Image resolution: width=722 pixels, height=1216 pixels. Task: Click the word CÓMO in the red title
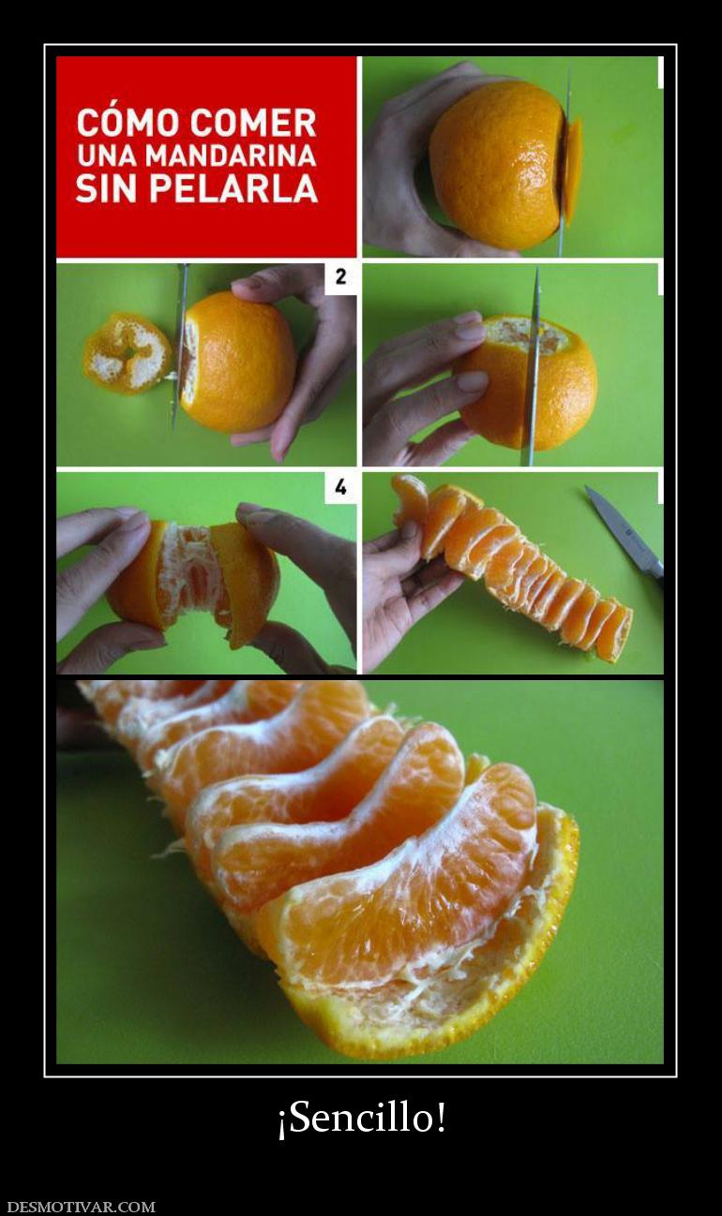pos(128,122)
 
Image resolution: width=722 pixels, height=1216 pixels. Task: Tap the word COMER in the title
pos(254,123)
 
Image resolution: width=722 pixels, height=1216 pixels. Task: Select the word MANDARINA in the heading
pos(232,156)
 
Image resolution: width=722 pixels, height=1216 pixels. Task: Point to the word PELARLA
pos(233,188)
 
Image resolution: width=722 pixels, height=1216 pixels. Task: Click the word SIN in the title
pos(108,188)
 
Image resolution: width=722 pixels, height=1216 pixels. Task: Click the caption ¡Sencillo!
pos(361,1118)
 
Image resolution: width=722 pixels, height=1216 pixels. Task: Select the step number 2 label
pos(340,277)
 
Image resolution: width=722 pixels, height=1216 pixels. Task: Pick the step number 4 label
pos(340,487)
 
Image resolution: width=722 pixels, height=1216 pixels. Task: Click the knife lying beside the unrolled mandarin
pos(624,535)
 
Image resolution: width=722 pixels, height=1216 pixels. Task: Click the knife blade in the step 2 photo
pos(180,348)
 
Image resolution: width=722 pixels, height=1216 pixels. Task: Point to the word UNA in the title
pos(108,156)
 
